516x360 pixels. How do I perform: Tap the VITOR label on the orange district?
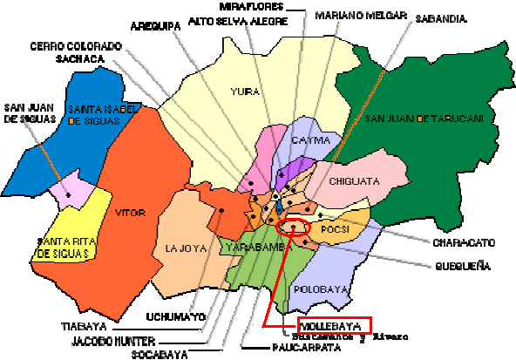[x=126, y=210]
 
